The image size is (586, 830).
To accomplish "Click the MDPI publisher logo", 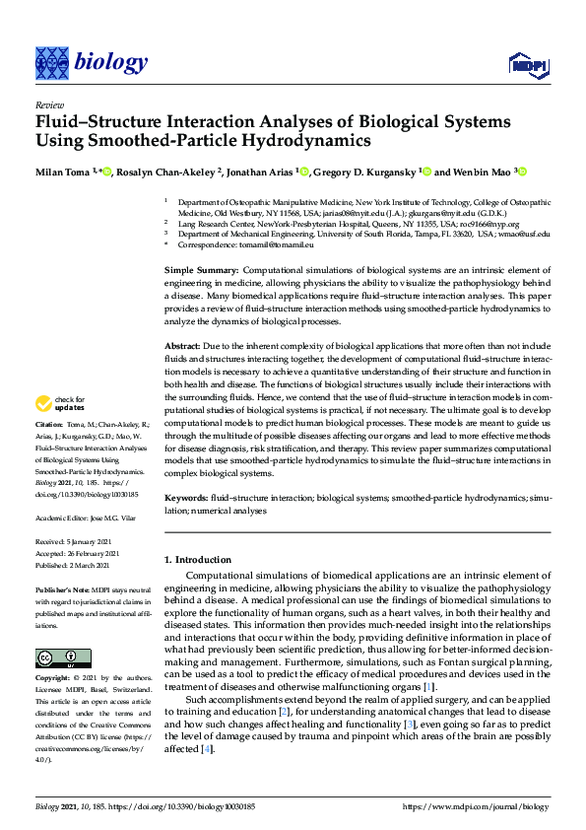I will [x=528, y=66].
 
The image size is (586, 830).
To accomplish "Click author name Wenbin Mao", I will [x=483, y=172].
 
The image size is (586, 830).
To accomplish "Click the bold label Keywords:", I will [x=185, y=500].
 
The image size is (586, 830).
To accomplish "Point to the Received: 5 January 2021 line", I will [x=77, y=542].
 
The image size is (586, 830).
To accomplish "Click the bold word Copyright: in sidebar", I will [x=54, y=680].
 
